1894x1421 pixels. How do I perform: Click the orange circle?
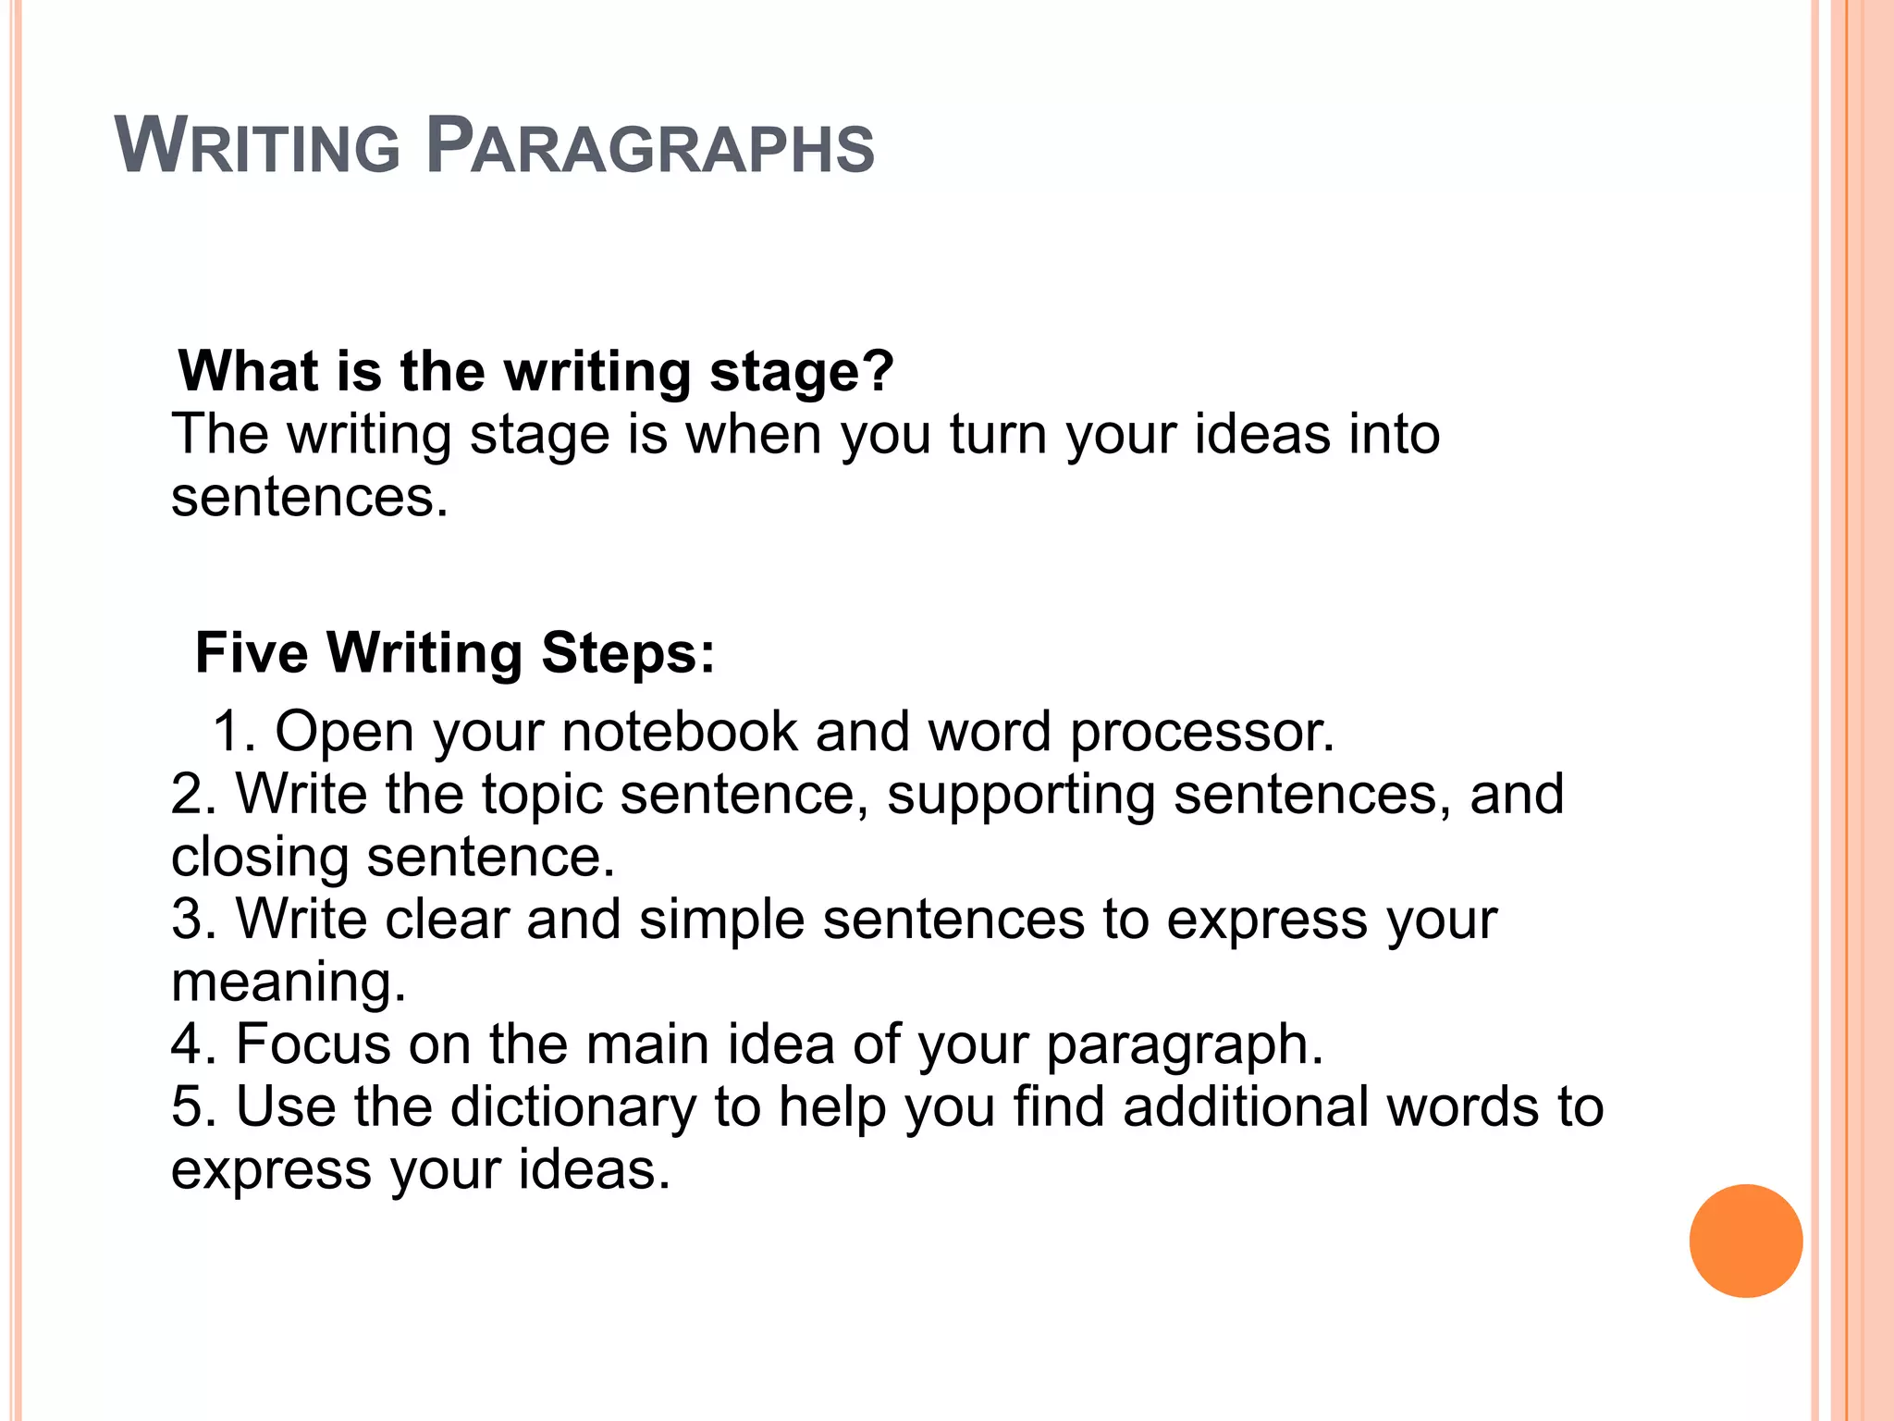(x=1745, y=1241)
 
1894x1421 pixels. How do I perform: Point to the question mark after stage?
(x=879, y=371)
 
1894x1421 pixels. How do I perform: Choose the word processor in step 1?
(x=1201, y=732)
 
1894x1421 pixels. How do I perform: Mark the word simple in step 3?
(x=721, y=921)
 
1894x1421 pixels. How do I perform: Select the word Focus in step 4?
(x=314, y=1044)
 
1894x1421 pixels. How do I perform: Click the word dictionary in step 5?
(x=573, y=1108)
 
